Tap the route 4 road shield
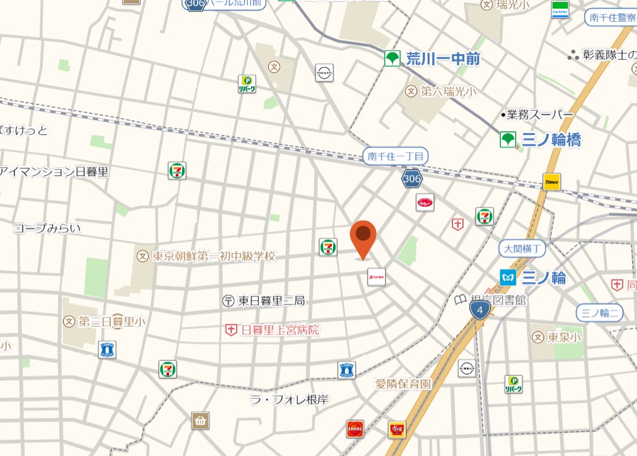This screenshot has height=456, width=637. [480, 310]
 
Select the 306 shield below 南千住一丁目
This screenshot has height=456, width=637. [411, 179]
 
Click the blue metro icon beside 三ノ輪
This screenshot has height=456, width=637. [508, 277]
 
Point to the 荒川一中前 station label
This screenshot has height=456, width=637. [443, 59]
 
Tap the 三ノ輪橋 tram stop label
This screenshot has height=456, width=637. [551, 140]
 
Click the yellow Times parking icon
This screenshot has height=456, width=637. [552, 182]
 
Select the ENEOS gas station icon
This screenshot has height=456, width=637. [355, 429]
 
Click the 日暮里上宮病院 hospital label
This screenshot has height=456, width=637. [280, 330]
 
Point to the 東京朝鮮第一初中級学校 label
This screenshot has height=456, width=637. [213, 256]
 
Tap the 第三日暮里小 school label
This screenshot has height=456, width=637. [112, 321]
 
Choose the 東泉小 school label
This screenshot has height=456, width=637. [564, 337]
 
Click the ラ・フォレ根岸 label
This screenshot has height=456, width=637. [289, 399]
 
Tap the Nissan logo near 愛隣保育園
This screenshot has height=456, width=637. [467, 368]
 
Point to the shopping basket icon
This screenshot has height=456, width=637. [201, 421]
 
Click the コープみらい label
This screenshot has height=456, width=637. [47, 228]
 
